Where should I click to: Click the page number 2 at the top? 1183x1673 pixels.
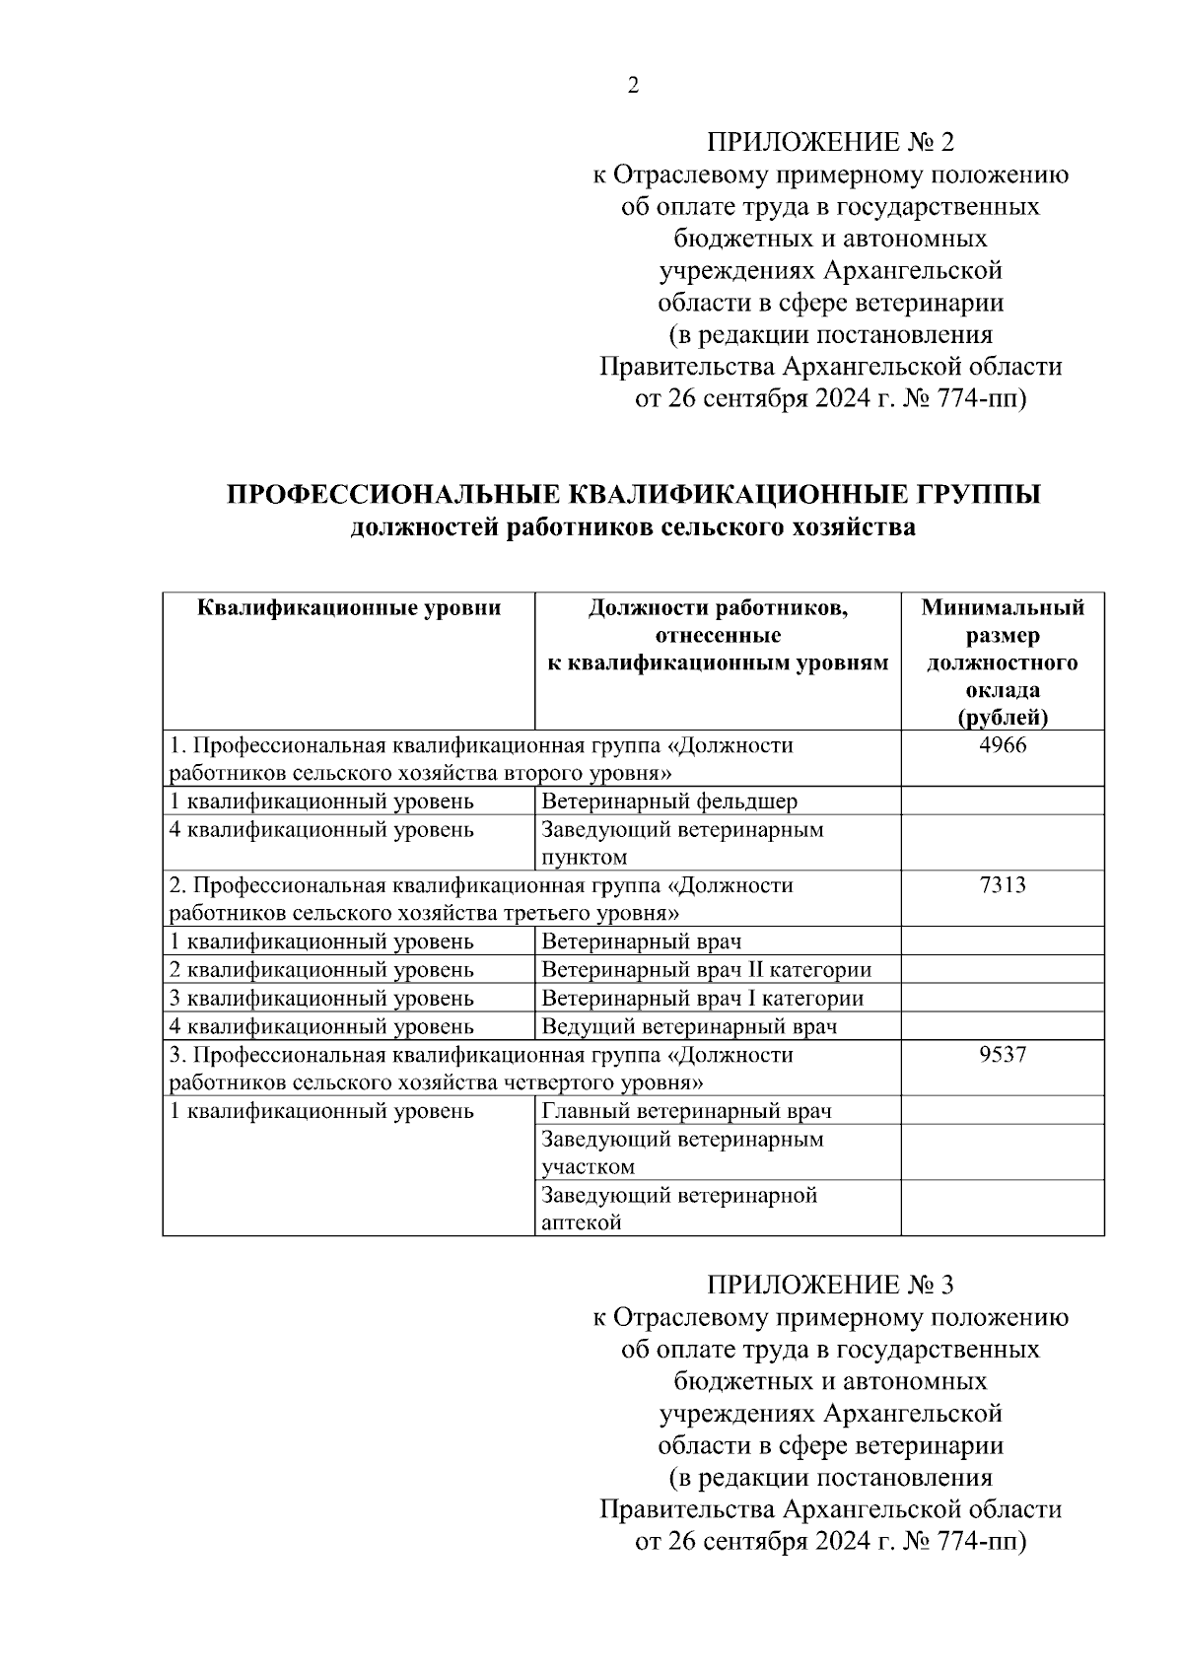pyautogui.click(x=633, y=86)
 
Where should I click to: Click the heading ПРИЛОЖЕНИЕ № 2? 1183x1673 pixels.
pyautogui.click(x=830, y=142)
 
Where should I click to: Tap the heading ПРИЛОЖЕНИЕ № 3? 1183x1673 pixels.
pyautogui.click(x=830, y=1285)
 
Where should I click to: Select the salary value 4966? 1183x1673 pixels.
pyautogui.click(x=1003, y=745)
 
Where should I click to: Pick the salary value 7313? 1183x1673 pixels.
pyautogui.click(x=1003, y=885)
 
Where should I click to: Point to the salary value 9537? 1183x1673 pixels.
pyautogui.click(x=1003, y=1055)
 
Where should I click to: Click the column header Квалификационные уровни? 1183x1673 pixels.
pyautogui.click(x=349, y=608)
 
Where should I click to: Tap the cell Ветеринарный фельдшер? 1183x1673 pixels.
pyautogui.click(x=670, y=802)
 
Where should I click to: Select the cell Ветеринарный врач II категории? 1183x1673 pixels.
pyautogui.click(x=707, y=970)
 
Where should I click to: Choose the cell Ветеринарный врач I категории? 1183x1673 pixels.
pyautogui.click(x=703, y=999)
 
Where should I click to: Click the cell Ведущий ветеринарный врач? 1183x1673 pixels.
pyautogui.click(x=690, y=1027)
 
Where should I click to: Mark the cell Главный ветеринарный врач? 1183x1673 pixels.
pyautogui.click(x=687, y=1111)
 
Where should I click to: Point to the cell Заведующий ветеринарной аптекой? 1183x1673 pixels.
pyautogui.click(x=680, y=1209)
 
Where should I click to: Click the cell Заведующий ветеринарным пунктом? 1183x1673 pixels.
pyautogui.click(x=682, y=843)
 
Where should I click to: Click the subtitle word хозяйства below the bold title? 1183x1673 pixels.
pyautogui.click(x=855, y=528)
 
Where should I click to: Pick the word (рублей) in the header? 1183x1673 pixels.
pyautogui.click(x=1003, y=718)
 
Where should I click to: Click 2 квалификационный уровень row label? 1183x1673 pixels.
pyautogui.click(x=322, y=970)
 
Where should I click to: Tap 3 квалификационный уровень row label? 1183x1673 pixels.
pyautogui.click(x=322, y=999)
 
